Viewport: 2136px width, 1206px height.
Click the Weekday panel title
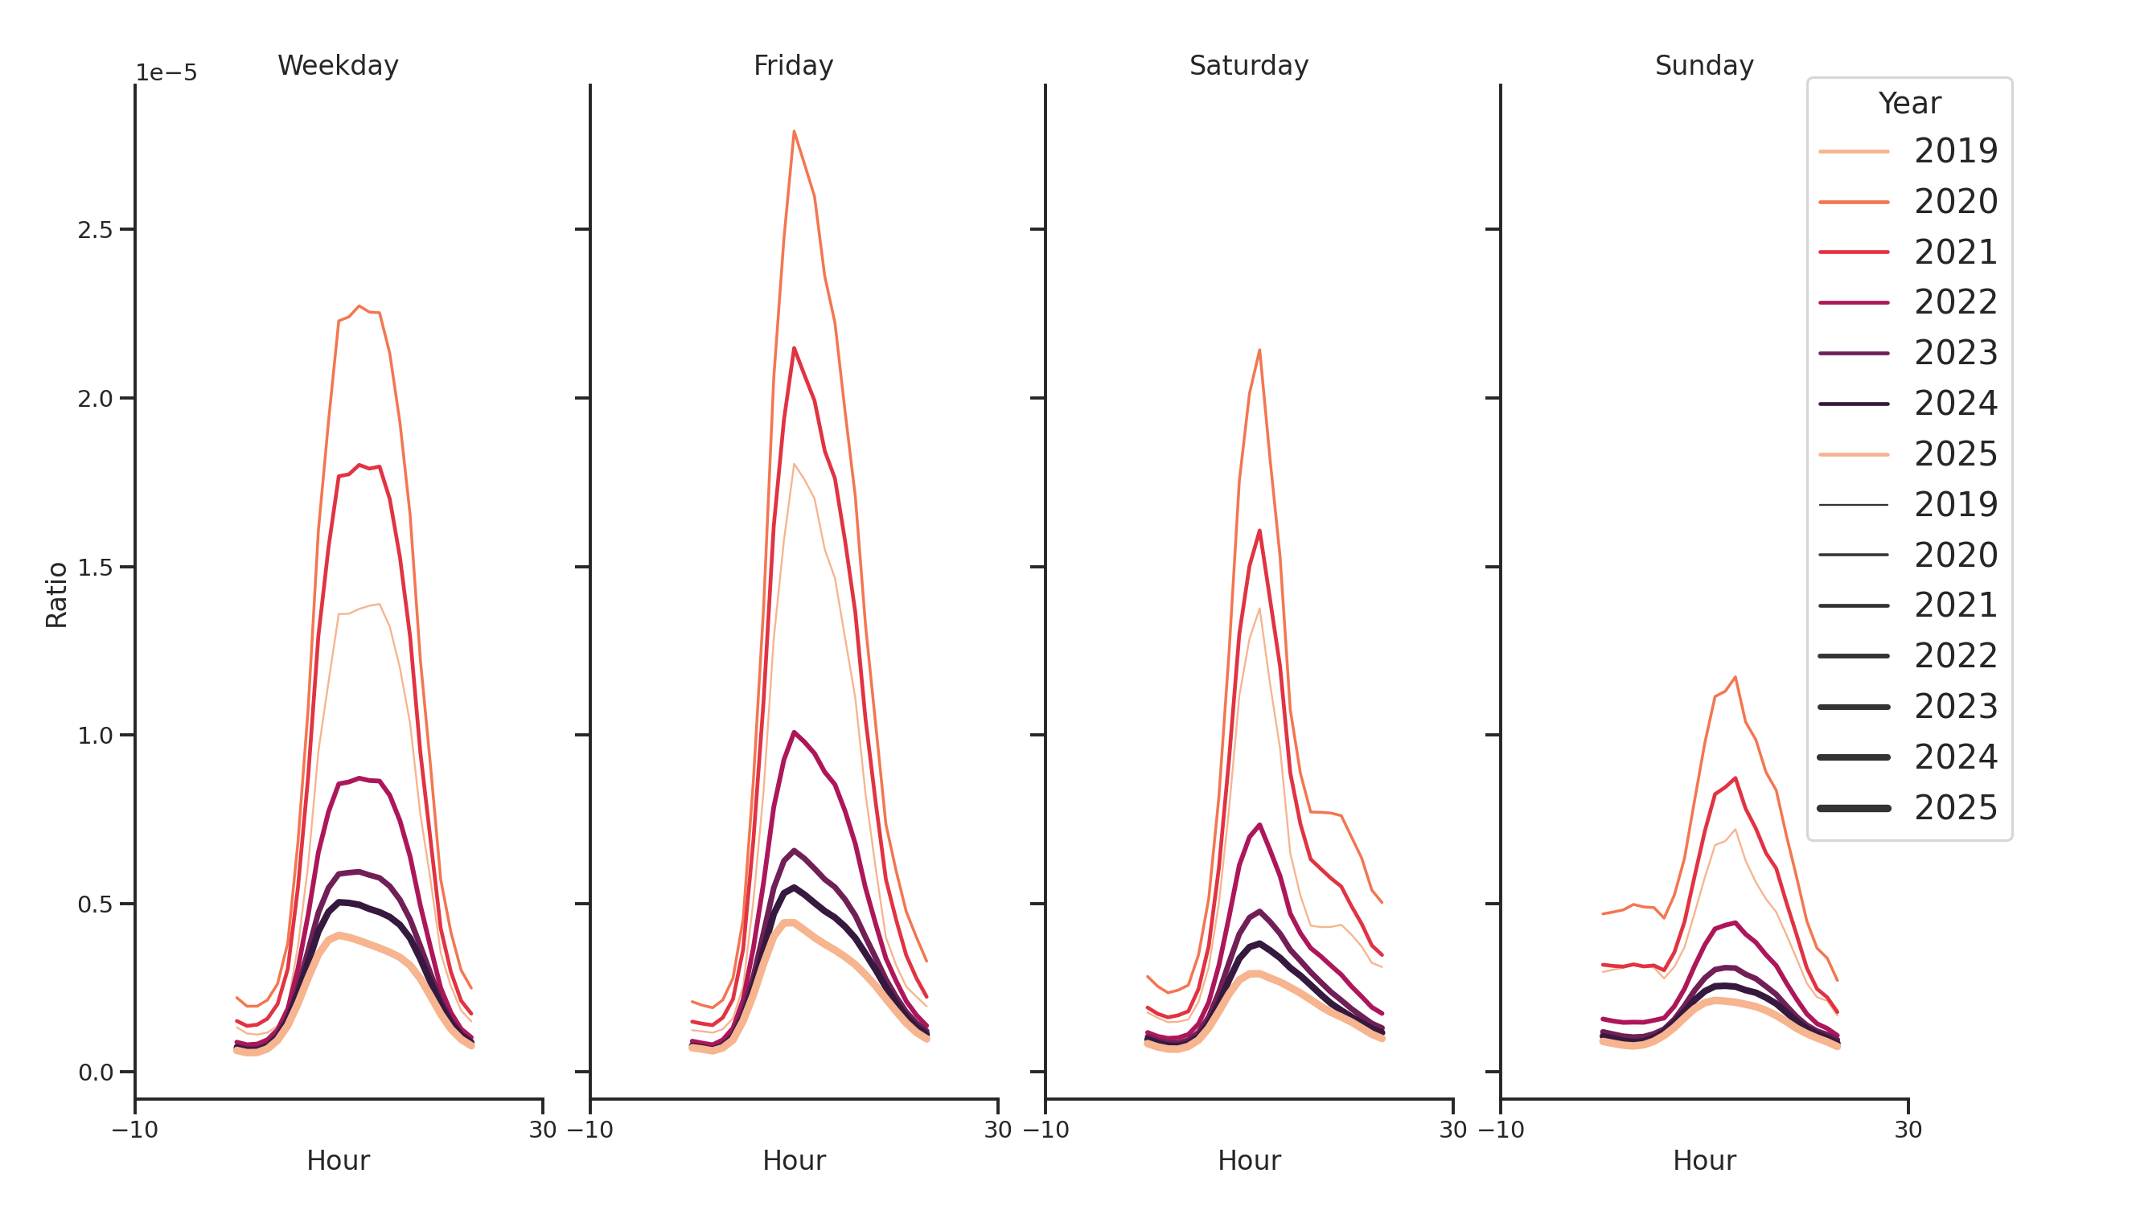click(338, 65)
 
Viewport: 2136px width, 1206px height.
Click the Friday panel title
click(793, 65)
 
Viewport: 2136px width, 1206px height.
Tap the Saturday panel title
click(1248, 65)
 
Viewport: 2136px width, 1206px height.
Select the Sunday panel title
click(1703, 65)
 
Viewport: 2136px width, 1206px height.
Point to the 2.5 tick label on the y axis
click(95, 230)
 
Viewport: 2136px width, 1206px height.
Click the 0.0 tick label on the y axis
click(95, 1073)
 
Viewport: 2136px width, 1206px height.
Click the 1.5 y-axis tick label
click(95, 567)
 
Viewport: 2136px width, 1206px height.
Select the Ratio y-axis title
click(56, 594)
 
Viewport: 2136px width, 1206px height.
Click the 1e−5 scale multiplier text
click(166, 73)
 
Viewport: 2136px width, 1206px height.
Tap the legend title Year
click(1908, 104)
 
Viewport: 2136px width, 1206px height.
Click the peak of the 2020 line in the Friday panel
click(794, 131)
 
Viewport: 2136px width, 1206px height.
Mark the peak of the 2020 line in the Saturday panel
click(1259, 350)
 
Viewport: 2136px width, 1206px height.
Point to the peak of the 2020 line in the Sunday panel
click(1735, 677)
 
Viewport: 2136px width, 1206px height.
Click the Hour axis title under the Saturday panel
click(1248, 1160)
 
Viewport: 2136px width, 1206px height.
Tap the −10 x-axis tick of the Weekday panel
click(134, 1130)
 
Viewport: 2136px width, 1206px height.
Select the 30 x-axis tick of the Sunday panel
click(1907, 1130)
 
